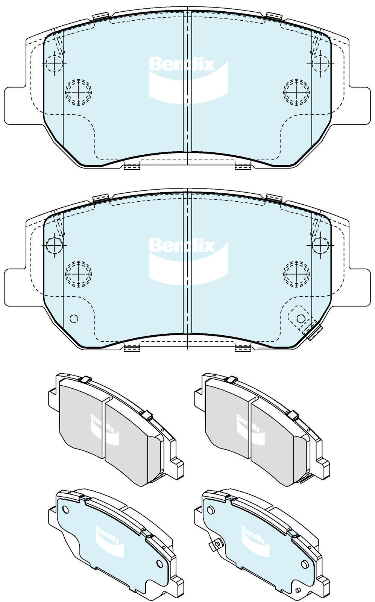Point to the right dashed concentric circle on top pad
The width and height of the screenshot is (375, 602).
pos(296,92)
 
